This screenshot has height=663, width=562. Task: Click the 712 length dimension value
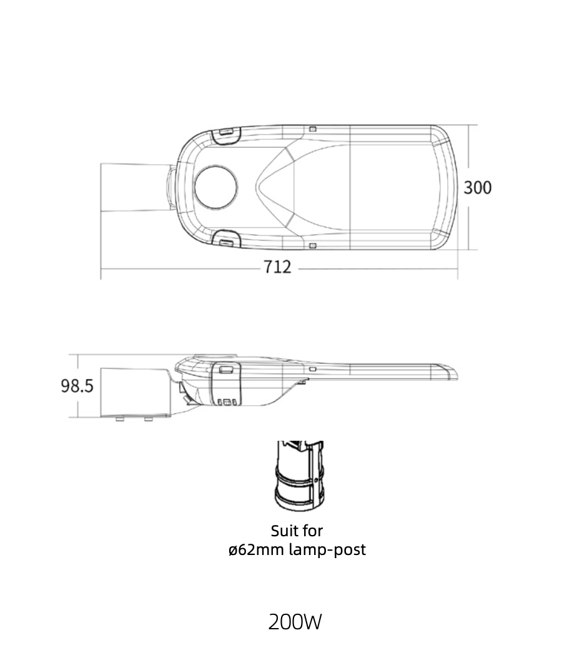coord(277,267)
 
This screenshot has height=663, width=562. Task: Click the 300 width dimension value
coord(478,188)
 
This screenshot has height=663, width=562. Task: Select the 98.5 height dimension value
coord(77,386)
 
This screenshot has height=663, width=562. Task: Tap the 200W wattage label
coord(295,622)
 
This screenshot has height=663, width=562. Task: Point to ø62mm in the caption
coord(257,549)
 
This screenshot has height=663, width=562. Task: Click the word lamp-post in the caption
coord(328,549)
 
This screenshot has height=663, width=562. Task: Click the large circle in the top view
coord(215,187)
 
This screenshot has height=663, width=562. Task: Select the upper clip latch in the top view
coord(225,135)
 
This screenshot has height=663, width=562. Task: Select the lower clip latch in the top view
coord(225,239)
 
